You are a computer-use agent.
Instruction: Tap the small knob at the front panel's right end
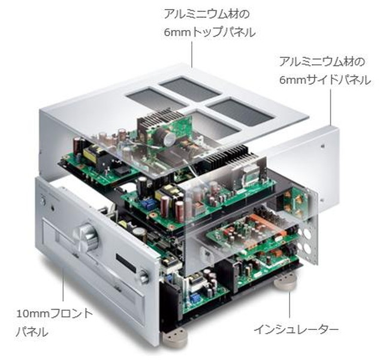coord(144,277)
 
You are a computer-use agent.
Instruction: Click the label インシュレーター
coord(295,330)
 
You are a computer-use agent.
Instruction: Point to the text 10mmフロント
coord(55,313)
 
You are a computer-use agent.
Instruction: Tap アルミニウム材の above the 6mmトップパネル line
coord(210,13)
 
